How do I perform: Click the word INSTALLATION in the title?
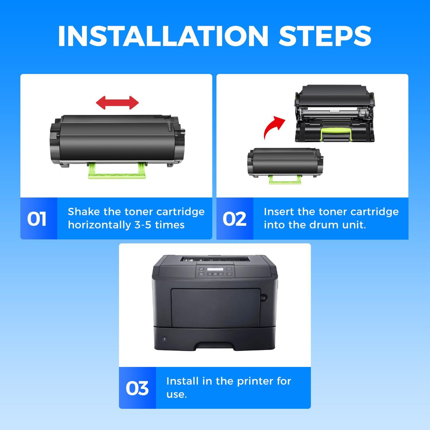coord(163,36)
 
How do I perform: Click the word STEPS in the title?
coord(325,36)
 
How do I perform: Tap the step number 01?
coord(37,219)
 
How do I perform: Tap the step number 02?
coord(234,219)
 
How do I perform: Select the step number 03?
coord(137,388)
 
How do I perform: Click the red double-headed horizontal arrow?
coord(118,102)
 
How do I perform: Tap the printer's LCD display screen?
coord(215,269)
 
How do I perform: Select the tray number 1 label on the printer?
coord(164,339)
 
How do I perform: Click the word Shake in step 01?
coord(84,212)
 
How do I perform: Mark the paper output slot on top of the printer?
coord(215,259)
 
